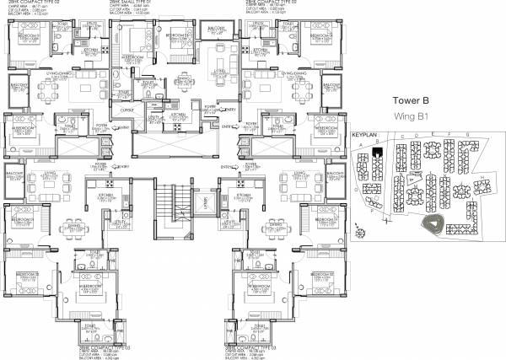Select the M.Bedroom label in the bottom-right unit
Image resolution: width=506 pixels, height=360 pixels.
point(253,288)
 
